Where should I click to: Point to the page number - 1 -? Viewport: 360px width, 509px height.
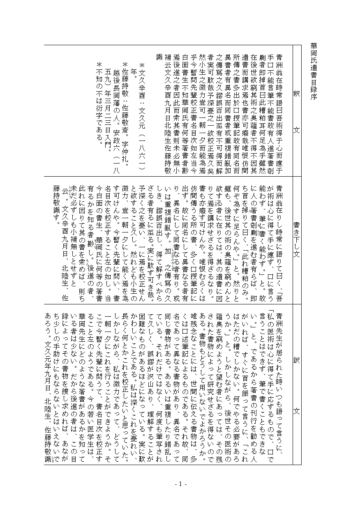point(180,484)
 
